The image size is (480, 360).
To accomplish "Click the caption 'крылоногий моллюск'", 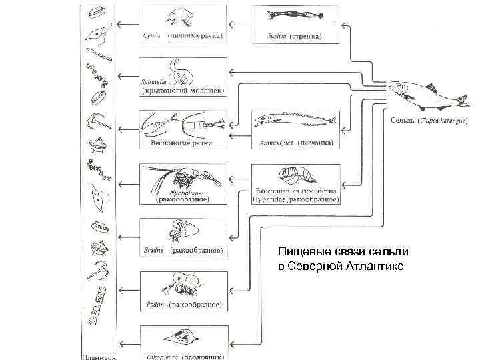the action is pyautogui.click(x=181, y=90).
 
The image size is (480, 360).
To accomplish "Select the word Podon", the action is pyautogui.click(x=155, y=305).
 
